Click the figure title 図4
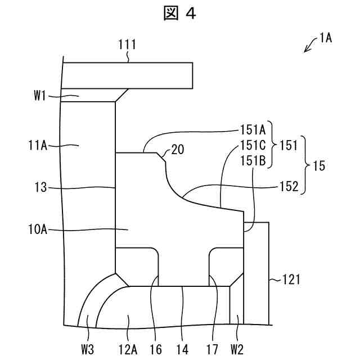[x=179, y=14]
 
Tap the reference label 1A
[x=325, y=38]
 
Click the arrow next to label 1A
[x=310, y=46]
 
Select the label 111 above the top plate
[x=127, y=44]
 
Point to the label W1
[x=39, y=96]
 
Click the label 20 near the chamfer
[x=178, y=149]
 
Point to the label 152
[x=288, y=187]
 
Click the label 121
[x=291, y=278]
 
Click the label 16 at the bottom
[x=156, y=349]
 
